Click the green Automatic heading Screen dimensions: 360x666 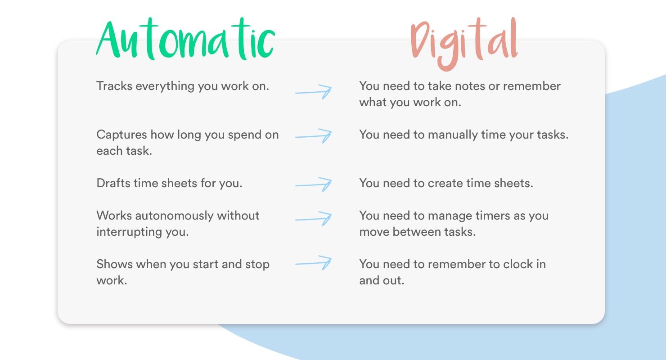(184, 40)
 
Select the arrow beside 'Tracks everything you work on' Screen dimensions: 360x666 (314, 91)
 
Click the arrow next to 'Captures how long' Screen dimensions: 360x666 (314, 135)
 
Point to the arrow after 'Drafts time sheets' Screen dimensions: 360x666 (314, 184)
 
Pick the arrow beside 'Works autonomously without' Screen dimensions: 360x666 (314, 219)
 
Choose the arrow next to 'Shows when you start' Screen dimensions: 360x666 (314, 263)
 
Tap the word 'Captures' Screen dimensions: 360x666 (121, 135)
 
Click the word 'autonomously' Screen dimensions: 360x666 (175, 216)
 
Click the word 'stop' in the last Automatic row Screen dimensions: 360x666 (257, 264)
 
